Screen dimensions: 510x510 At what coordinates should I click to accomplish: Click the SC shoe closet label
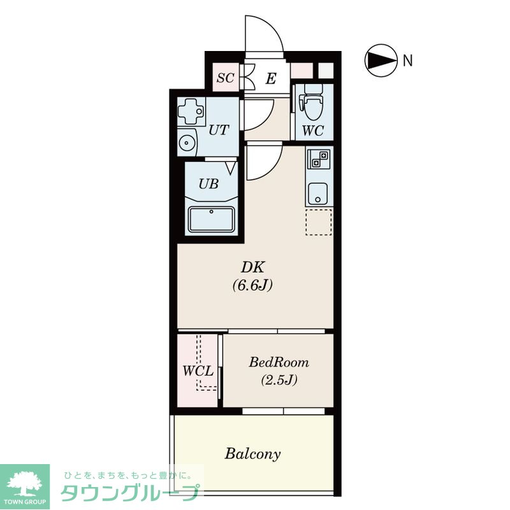[226, 78]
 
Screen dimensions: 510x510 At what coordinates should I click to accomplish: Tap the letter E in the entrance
[271, 78]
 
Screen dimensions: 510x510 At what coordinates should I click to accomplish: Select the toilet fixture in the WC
[314, 103]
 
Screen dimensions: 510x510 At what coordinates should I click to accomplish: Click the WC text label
[313, 131]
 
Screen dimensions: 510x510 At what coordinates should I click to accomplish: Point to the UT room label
[219, 130]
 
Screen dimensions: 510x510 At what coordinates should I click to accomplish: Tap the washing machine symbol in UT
[191, 111]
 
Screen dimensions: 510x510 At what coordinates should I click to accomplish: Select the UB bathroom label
[208, 184]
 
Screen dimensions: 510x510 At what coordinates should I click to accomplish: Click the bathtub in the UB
[212, 219]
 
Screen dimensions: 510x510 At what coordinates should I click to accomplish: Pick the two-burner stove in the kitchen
[319, 159]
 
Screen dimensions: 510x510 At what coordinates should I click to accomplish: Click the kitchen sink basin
[317, 194]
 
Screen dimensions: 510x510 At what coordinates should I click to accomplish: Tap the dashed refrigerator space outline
[319, 222]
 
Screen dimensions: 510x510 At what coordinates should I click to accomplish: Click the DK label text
[252, 267]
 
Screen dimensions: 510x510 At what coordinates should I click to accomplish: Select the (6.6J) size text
[252, 286]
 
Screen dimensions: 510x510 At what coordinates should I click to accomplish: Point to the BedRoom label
[279, 362]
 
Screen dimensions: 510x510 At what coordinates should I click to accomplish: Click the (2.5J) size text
[279, 380]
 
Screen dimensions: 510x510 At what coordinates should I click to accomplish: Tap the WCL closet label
[198, 371]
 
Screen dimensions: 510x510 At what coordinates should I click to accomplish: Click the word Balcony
[252, 454]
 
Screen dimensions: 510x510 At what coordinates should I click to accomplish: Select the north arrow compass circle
[381, 61]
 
